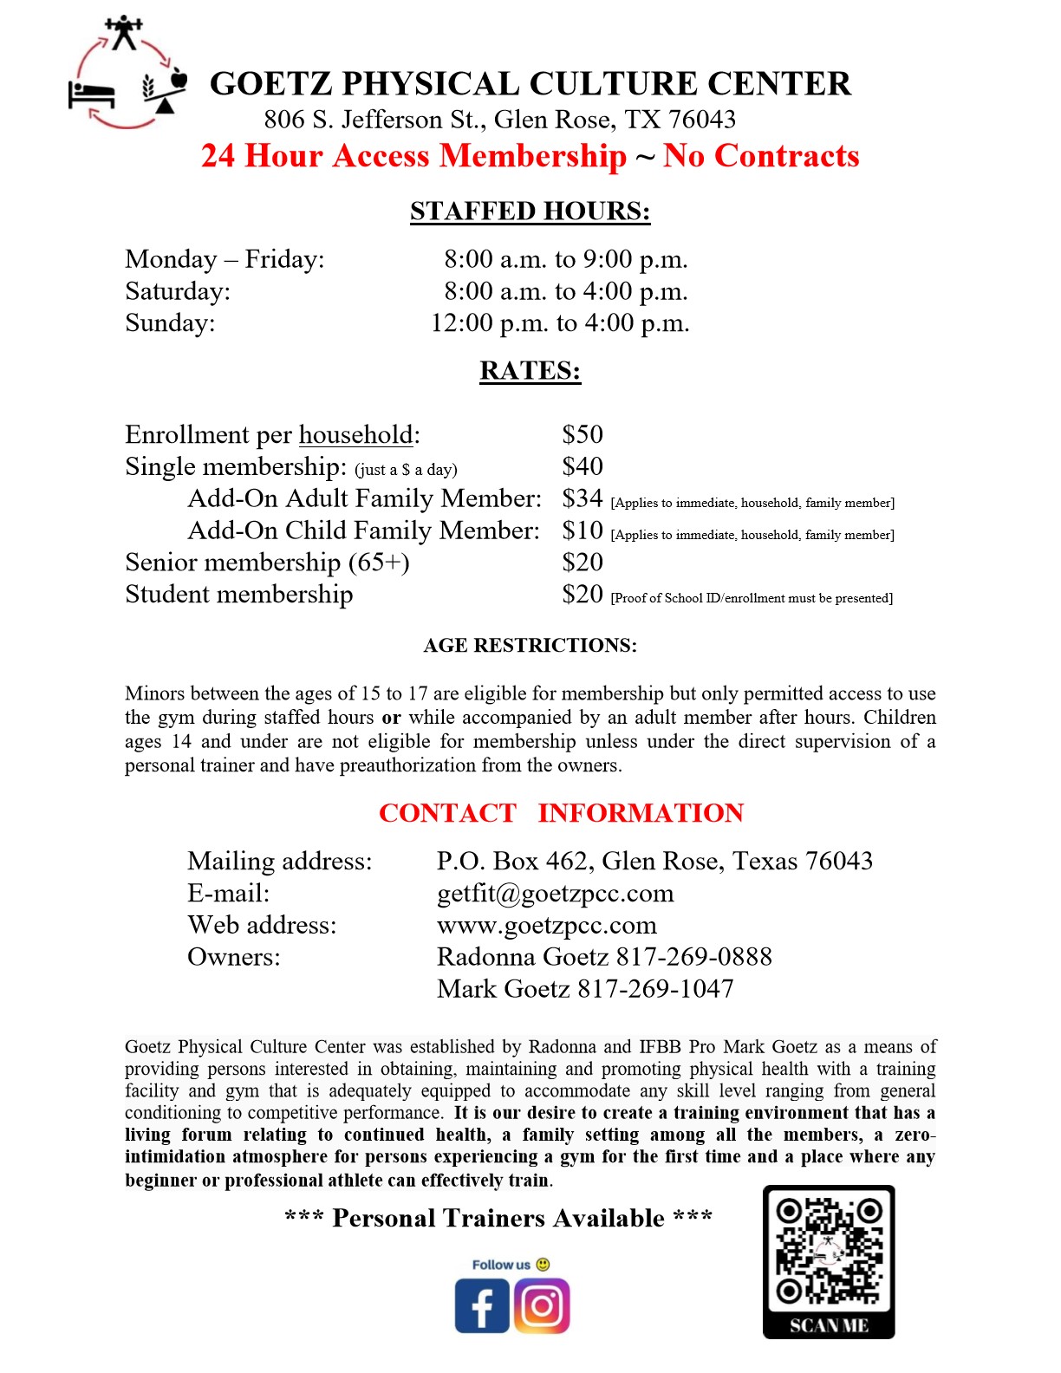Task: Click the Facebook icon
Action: point(482,1306)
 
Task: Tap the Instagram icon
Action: point(542,1305)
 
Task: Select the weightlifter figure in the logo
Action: point(124,32)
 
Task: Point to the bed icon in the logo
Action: point(91,93)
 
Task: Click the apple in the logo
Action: point(179,79)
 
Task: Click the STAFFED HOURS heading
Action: point(530,211)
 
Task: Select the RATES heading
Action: point(530,371)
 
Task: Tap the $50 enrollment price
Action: point(582,434)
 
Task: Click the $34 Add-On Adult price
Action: point(582,498)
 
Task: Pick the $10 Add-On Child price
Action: point(582,530)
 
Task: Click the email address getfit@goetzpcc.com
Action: point(555,894)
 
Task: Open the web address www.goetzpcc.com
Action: point(546,926)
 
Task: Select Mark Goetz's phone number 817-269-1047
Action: point(655,989)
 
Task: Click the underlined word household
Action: point(355,434)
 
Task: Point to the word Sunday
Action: point(170,323)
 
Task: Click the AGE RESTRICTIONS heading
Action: point(530,646)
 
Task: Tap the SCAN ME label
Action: point(829,1325)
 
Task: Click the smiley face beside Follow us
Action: point(544,1265)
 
